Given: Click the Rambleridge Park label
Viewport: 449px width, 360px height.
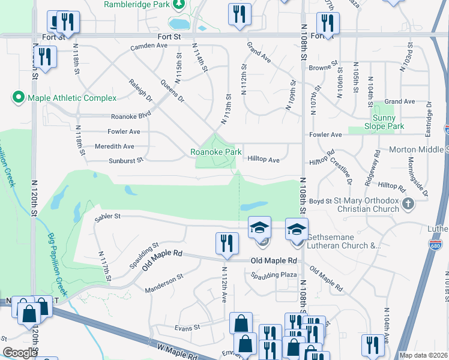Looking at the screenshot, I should click(x=136, y=4).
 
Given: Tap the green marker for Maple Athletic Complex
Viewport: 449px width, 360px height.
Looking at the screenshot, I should click(x=17, y=97).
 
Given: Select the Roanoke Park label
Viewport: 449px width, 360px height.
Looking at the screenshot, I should click(x=216, y=152).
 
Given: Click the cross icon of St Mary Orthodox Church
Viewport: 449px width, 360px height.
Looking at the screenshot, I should click(x=408, y=203).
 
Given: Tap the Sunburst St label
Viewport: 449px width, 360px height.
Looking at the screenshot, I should click(x=126, y=160).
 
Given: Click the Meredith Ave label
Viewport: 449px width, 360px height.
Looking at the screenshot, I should click(x=115, y=146).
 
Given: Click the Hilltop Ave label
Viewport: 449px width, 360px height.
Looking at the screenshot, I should click(x=264, y=160).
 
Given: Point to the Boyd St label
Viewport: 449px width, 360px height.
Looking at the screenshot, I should click(x=321, y=201).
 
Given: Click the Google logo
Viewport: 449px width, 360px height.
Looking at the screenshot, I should click(x=20, y=353).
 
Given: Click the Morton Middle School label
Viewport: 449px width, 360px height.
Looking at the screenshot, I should click(x=419, y=149).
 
